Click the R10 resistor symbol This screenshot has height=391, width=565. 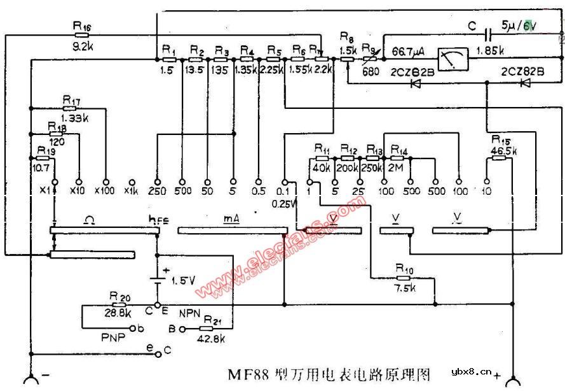[403, 278]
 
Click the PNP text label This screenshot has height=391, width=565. [112, 336]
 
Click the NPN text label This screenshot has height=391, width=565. [190, 314]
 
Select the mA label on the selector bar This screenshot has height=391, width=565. [231, 219]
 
